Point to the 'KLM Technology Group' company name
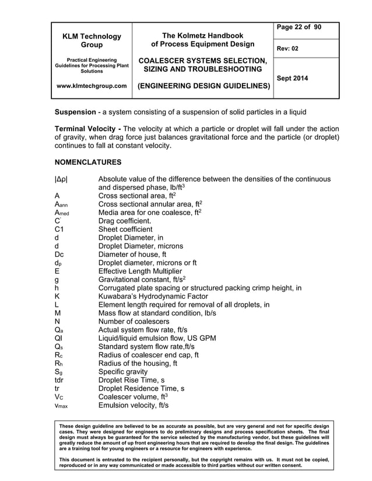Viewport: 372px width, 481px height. [90, 41]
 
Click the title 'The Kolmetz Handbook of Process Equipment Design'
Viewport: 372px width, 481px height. [202, 40]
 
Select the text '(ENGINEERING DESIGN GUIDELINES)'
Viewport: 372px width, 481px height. [203, 86]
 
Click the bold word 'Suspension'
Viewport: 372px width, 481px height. [75, 111]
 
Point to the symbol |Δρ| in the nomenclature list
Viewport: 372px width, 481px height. [61, 179]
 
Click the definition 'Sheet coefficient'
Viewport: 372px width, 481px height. [125, 229]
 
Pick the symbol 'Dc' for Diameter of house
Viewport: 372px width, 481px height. [59, 254]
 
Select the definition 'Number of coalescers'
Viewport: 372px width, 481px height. [134, 321]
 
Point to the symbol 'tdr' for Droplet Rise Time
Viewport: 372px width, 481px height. [59, 380]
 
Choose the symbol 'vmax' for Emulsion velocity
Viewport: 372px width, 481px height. [61, 406]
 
